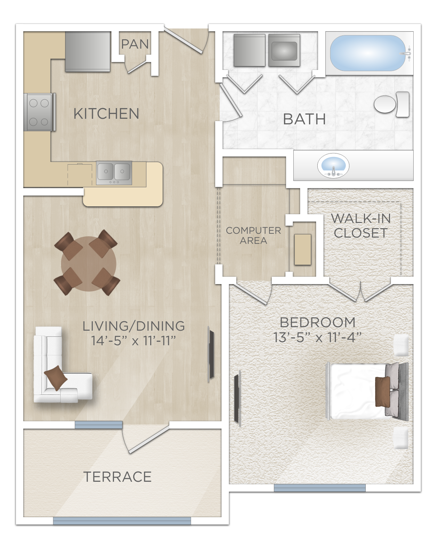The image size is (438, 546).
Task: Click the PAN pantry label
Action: coord(135,44)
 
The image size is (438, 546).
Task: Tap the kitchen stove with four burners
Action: coord(39,112)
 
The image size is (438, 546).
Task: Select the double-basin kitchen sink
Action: coord(114,173)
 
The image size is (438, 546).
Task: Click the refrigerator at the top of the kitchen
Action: coord(88,51)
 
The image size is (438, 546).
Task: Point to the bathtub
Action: coord(368,53)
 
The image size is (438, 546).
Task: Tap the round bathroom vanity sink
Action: coord(333,165)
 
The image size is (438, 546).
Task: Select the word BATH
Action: coord(304,119)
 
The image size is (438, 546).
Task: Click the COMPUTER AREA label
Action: coord(253,235)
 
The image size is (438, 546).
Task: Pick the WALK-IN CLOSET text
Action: coord(361,225)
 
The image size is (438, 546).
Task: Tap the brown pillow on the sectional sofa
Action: coord(56,378)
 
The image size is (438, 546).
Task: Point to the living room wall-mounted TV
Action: coord(211,354)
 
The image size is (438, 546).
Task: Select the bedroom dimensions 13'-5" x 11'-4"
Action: coord(318,337)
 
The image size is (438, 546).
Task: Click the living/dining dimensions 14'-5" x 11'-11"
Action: coord(133,341)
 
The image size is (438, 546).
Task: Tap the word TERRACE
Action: coord(117,477)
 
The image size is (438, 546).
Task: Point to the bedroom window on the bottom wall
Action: coord(319,488)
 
